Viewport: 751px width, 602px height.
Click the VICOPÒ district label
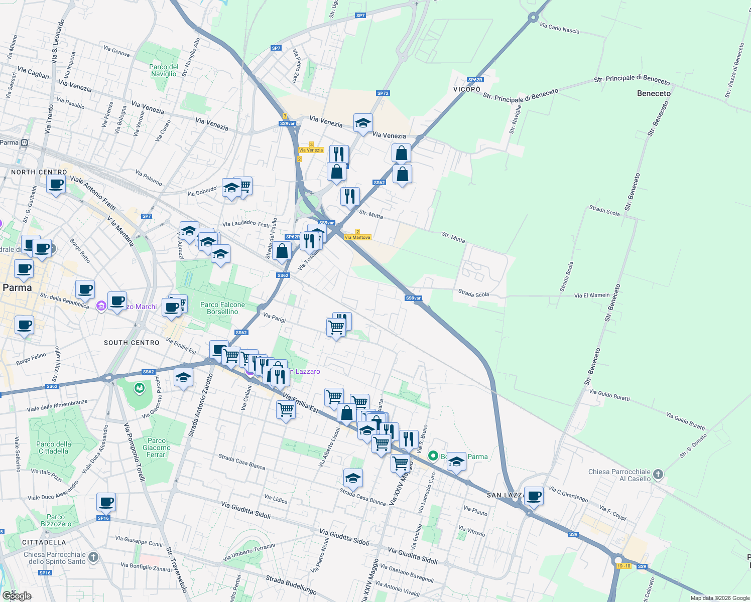pyautogui.click(x=467, y=89)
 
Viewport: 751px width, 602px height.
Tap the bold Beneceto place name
pyautogui.click(x=654, y=93)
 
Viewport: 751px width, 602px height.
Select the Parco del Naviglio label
pyautogui.click(x=164, y=70)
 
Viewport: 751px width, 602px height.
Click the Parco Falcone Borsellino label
pyautogui.click(x=222, y=308)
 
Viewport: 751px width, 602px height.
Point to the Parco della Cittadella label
pyautogui.click(x=54, y=447)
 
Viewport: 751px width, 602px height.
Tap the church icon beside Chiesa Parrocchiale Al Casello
pyautogui.click(x=658, y=474)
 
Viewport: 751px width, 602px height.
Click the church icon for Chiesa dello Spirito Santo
pyautogui.click(x=93, y=556)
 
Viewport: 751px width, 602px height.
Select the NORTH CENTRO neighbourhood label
pyautogui.click(x=39, y=172)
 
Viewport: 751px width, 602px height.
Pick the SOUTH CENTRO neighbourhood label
pyautogui.click(x=132, y=343)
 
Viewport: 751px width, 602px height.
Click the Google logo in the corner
pyautogui.click(x=17, y=595)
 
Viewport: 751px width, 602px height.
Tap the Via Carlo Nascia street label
pyautogui.click(x=559, y=28)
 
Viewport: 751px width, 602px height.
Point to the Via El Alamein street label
pyautogui.click(x=592, y=295)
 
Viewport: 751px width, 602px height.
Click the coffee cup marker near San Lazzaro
pyautogui.click(x=534, y=496)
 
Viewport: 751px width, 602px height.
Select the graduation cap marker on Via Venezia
pyautogui.click(x=363, y=123)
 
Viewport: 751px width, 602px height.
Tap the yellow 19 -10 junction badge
pyautogui.click(x=623, y=566)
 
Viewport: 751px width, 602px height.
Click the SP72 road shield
pyautogui.click(x=383, y=93)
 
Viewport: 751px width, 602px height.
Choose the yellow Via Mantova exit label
pyautogui.click(x=358, y=237)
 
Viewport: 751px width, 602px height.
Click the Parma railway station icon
pyautogui.click(x=24, y=142)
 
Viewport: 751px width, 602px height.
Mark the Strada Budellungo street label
pyautogui.click(x=291, y=585)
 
